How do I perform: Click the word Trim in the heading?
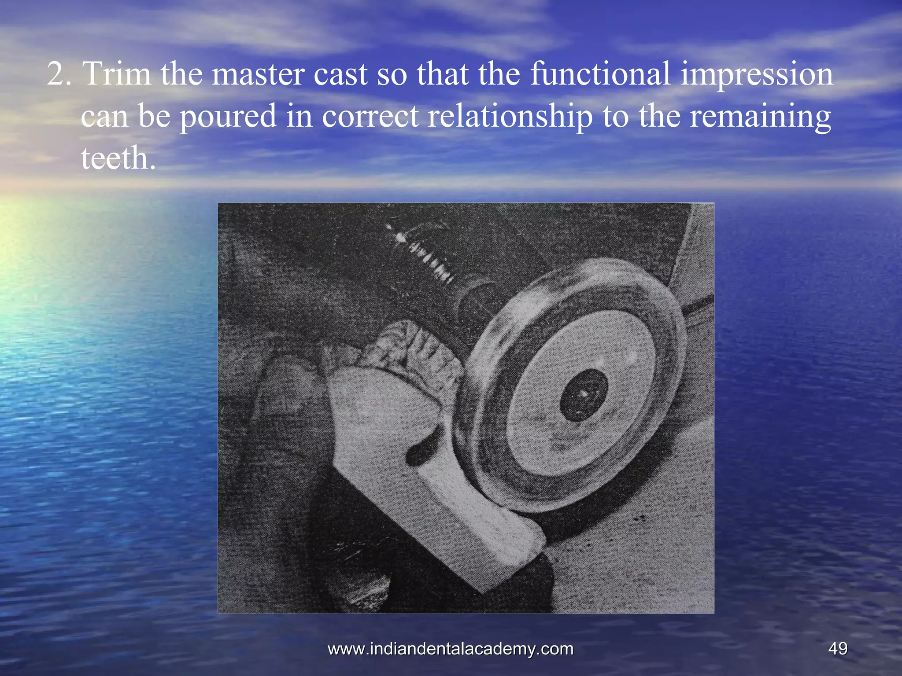coord(117,73)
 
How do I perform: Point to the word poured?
coord(228,117)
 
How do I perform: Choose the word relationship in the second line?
coord(510,117)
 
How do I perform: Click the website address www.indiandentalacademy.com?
coord(451,648)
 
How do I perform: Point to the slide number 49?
coord(837,648)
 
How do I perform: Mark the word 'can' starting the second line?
coord(104,117)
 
